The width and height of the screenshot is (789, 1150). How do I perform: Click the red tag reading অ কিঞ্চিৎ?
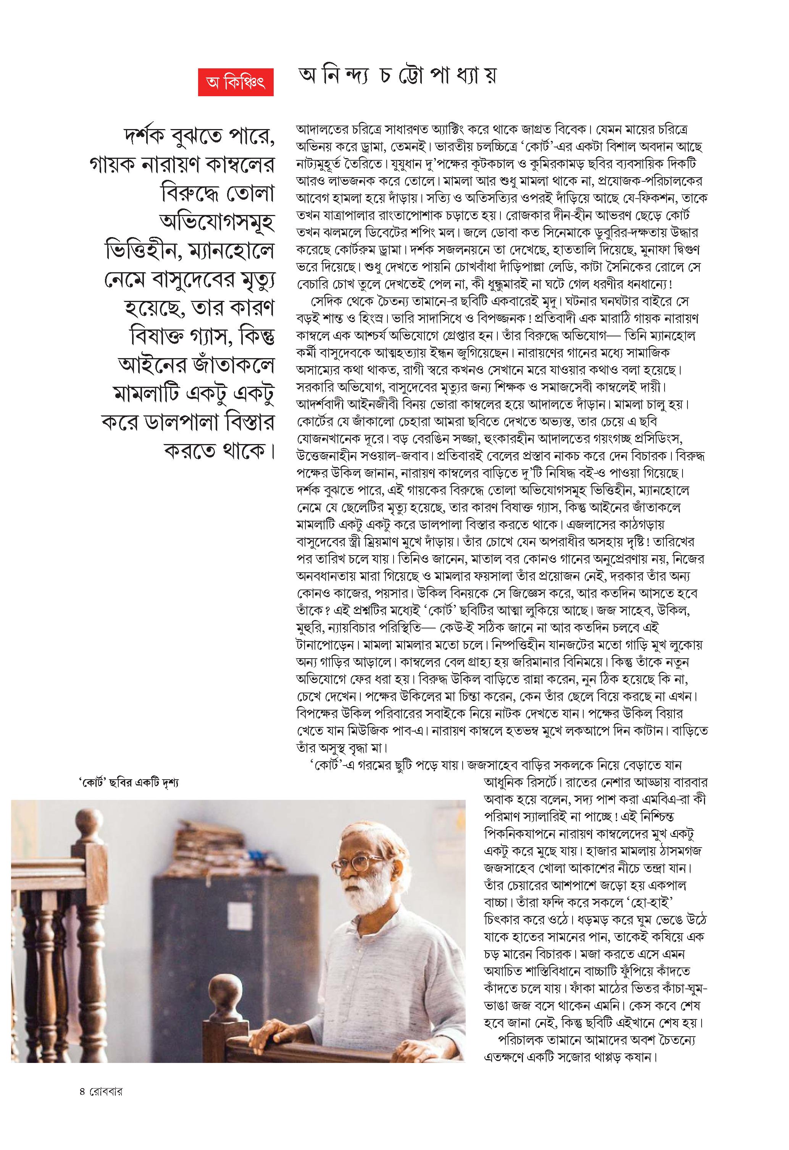pos(236,82)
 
